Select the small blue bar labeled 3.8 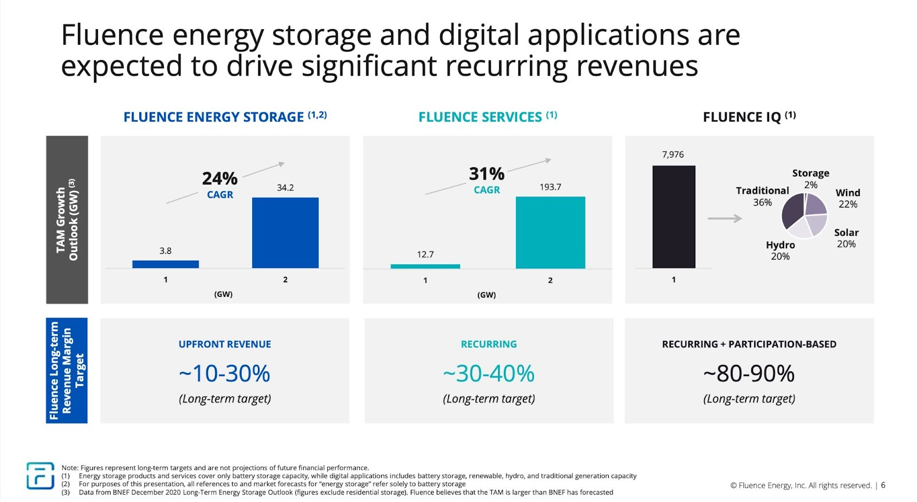point(165,264)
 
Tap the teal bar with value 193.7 point(550,232)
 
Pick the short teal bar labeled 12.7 point(425,266)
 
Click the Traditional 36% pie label point(762,196)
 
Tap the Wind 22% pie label point(848,198)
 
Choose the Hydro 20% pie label point(780,250)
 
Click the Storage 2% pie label point(810,178)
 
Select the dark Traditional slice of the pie point(793,211)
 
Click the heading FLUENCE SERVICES point(480,117)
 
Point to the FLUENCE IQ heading point(742,117)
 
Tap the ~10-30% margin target point(225,374)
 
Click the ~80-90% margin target point(749,374)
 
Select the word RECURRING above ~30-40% point(488,344)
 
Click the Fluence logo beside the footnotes point(40,476)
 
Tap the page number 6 point(883,485)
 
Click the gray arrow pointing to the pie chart point(724,218)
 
